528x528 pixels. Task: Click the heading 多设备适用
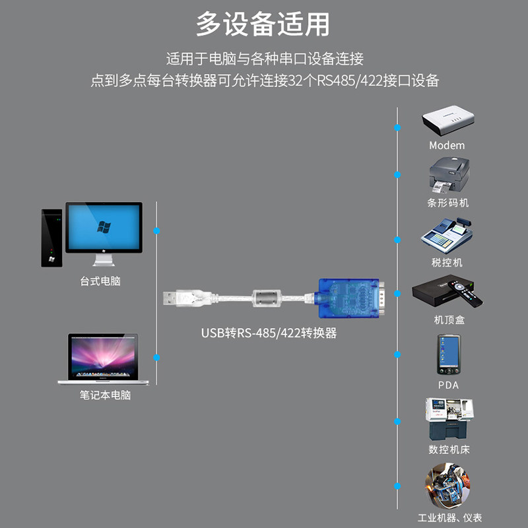[263, 24]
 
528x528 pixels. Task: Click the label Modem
[447, 145]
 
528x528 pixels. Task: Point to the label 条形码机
[447, 203]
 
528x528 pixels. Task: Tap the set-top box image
[446, 292]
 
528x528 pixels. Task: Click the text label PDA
[448, 385]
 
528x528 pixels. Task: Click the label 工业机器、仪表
[450, 517]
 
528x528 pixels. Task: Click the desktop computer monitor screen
[104, 226]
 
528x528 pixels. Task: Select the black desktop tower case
[51, 238]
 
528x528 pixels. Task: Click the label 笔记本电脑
[106, 395]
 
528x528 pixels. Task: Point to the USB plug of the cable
[176, 297]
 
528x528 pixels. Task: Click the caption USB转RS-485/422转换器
[269, 333]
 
